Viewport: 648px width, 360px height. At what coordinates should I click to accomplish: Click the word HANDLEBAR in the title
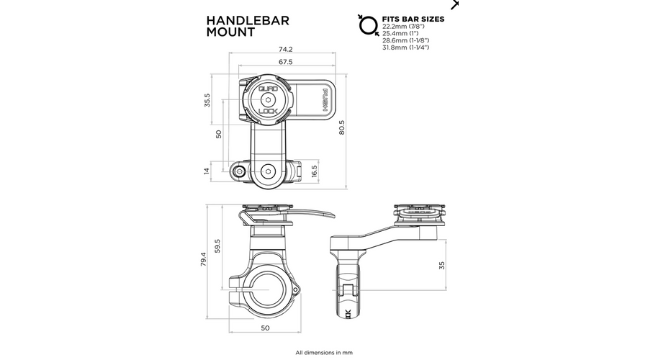(248, 21)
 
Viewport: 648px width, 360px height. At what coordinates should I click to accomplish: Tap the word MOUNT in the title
(230, 32)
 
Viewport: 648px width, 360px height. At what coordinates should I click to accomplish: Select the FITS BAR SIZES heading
(413, 19)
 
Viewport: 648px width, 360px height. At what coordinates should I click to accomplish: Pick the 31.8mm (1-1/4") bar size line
(406, 48)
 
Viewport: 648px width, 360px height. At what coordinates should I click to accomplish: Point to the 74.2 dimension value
(286, 49)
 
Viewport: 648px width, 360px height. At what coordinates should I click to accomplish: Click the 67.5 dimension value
(286, 62)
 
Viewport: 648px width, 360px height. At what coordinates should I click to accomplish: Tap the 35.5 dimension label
(207, 100)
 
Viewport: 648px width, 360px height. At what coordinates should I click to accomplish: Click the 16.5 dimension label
(315, 171)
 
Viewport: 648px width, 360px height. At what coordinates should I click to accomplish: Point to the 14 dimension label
(207, 171)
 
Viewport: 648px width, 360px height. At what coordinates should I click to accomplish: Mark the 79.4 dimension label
(203, 259)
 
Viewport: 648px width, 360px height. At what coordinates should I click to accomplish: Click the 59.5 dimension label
(217, 246)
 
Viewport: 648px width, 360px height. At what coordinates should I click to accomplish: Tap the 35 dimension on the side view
(442, 266)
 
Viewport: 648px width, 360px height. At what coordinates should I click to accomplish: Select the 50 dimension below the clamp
(265, 328)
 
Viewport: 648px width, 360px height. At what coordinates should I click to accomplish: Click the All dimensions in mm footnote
(324, 353)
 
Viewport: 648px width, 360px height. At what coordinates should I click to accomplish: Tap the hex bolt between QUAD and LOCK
(268, 99)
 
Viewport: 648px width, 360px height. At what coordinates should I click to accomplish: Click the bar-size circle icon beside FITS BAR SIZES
(369, 26)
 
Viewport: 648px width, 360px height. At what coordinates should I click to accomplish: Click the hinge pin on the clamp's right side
(295, 290)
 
